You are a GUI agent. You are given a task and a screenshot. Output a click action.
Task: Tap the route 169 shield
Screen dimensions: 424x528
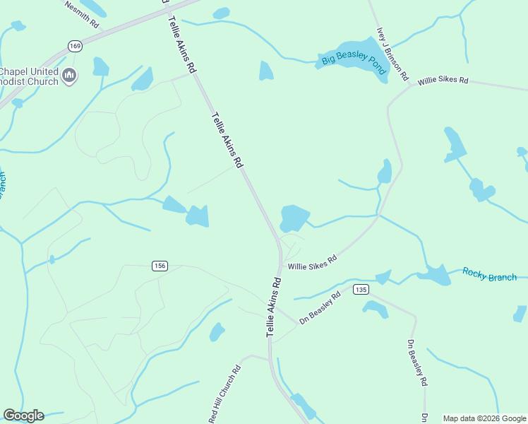(x=75, y=46)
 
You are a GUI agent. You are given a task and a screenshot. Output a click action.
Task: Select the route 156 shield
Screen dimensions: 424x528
(x=159, y=265)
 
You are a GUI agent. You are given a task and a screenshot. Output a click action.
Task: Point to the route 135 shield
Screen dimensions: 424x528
(x=361, y=290)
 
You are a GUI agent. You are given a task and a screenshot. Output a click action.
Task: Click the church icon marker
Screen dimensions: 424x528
(x=68, y=76)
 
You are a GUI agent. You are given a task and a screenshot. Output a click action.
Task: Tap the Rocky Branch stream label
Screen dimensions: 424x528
(x=489, y=275)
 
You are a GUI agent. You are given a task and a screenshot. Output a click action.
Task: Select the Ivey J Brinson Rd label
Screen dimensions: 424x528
(x=392, y=53)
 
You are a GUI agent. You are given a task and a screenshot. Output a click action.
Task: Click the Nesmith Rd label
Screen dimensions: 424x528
(x=82, y=14)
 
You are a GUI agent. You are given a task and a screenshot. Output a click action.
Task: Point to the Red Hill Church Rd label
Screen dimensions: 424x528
(x=225, y=394)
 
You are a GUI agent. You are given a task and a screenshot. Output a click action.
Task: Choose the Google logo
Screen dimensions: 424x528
(x=23, y=416)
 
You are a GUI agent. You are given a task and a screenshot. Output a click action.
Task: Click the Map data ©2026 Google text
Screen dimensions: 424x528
(x=484, y=418)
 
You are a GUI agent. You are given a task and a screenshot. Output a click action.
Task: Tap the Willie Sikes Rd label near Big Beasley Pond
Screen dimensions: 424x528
(x=443, y=81)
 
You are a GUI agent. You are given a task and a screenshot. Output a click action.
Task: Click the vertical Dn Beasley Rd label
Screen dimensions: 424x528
(x=417, y=362)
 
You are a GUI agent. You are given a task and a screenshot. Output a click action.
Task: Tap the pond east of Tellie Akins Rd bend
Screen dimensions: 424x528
(x=294, y=217)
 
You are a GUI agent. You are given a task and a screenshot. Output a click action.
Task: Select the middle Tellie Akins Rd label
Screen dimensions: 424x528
(x=226, y=139)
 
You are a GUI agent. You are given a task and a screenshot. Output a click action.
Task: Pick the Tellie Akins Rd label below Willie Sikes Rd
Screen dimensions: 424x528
(x=274, y=305)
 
